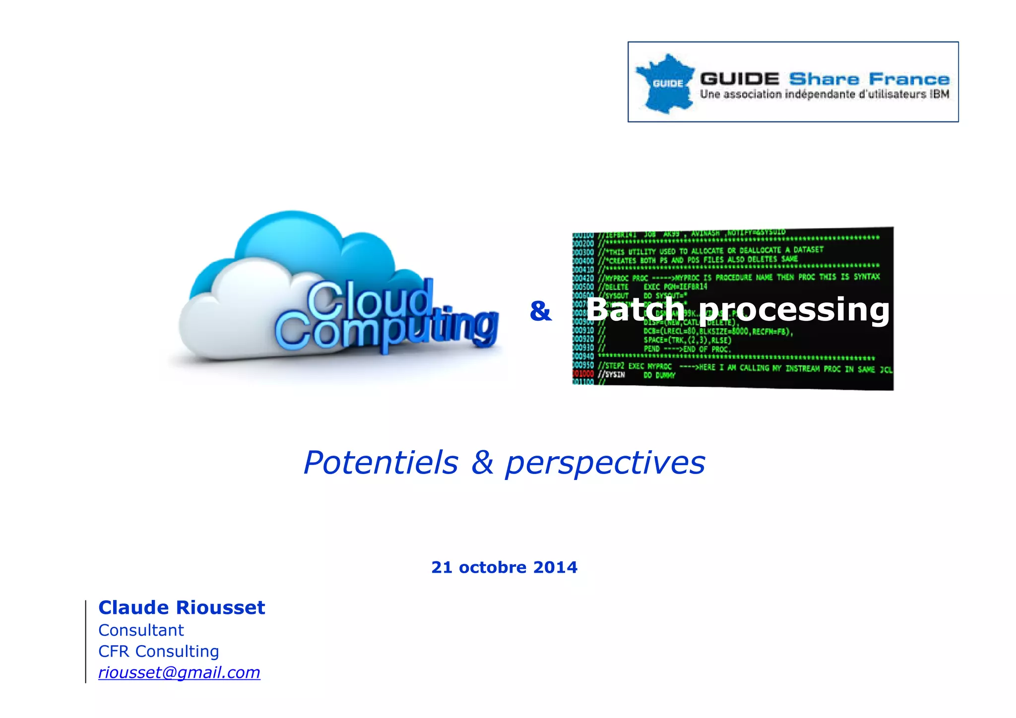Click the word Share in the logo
[824, 79]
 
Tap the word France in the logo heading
[909, 79]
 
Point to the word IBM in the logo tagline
[940, 94]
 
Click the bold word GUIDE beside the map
[739, 79]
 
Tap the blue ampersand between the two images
[540, 311]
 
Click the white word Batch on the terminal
[635, 309]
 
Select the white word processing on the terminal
[794, 310]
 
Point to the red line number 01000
[583, 373]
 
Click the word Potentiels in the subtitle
[381, 463]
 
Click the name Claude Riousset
[182, 607]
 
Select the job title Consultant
[141, 630]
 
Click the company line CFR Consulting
[159, 652]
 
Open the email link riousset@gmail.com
[179, 673]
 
